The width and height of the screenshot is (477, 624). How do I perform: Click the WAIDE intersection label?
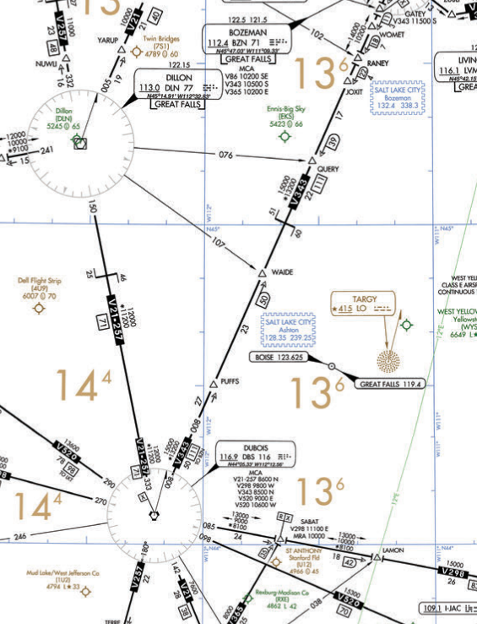point(283,271)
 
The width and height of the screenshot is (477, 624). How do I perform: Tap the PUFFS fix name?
point(230,380)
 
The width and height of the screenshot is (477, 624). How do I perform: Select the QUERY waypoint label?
point(328,168)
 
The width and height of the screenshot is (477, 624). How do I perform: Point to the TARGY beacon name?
point(365,298)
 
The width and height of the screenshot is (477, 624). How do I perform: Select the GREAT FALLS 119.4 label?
point(391,385)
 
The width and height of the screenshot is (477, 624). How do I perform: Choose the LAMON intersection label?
point(393,550)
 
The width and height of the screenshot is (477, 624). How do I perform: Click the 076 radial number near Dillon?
point(225,155)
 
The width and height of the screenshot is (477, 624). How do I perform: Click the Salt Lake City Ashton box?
point(289,330)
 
